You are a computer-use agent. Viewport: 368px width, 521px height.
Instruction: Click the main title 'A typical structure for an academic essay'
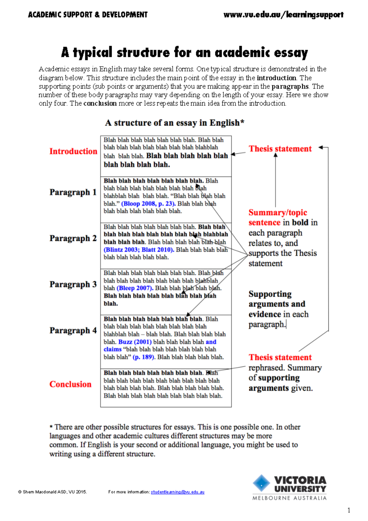184,52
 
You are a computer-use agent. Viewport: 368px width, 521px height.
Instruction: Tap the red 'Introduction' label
73,151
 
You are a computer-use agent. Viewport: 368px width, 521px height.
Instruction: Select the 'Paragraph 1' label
73,192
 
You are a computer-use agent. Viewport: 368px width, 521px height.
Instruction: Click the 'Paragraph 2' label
73,238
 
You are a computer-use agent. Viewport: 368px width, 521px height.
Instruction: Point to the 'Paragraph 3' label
73,284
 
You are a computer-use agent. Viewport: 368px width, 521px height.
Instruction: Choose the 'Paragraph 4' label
73,330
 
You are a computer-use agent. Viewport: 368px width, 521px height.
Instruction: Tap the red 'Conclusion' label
71,384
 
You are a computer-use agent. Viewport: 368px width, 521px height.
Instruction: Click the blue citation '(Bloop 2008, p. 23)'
148,203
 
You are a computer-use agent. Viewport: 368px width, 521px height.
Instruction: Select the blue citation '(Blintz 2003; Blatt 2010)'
139,249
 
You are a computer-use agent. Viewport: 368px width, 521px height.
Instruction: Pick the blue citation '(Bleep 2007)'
135,288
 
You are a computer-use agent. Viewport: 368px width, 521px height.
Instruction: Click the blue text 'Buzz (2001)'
135,342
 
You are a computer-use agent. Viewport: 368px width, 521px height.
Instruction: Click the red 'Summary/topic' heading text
278,212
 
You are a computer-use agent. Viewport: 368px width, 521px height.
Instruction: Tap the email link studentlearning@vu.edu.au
178,492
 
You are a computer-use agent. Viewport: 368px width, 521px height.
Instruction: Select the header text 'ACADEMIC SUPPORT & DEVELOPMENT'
88,15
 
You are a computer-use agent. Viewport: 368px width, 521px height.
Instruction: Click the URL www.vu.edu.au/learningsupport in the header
283,15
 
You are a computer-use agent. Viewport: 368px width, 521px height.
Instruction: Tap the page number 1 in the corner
349,510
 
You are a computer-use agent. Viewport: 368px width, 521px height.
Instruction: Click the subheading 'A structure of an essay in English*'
174,123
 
